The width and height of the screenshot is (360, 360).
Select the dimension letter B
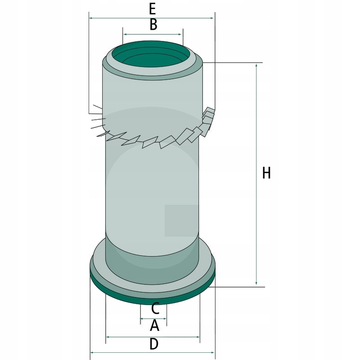pos(153,25)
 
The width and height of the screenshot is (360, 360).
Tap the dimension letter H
pos(266,173)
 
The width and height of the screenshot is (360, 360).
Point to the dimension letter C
pos(154,309)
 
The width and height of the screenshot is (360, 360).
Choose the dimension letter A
pos(154,325)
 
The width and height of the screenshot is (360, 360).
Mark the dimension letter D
pos(154,344)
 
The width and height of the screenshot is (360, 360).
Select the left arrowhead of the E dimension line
pos(91,18)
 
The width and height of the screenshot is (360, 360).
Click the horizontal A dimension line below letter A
pos(153,337)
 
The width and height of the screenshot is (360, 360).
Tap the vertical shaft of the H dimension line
pos(256,135)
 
